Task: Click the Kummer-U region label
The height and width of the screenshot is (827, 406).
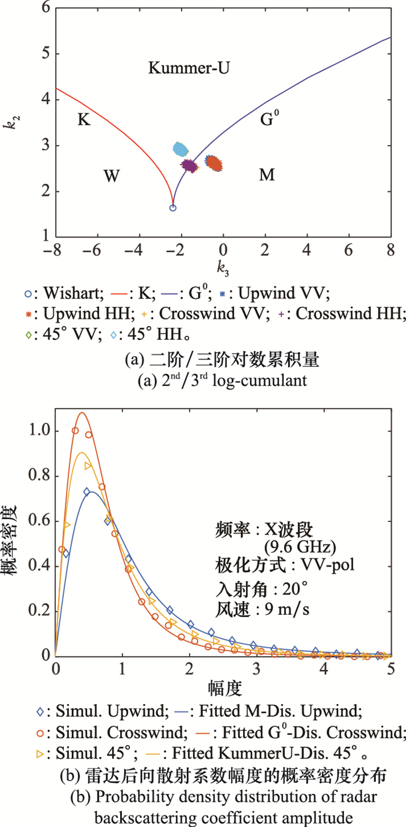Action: click(x=188, y=69)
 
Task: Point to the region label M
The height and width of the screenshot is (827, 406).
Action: click(x=267, y=175)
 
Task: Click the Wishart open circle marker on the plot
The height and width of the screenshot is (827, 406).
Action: click(x=172, y=208)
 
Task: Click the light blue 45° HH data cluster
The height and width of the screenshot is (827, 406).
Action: click(x=181, y=149)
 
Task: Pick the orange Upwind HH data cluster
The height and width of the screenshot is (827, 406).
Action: click(x=215, y=164)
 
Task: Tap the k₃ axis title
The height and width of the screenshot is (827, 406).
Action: click(x=223, y=268)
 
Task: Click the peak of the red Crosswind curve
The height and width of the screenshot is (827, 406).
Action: click(x=82, y=413)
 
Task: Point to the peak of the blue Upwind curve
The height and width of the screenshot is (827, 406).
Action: click(x=91, y=491)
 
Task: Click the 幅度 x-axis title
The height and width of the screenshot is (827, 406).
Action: click(x=223, y=688)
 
